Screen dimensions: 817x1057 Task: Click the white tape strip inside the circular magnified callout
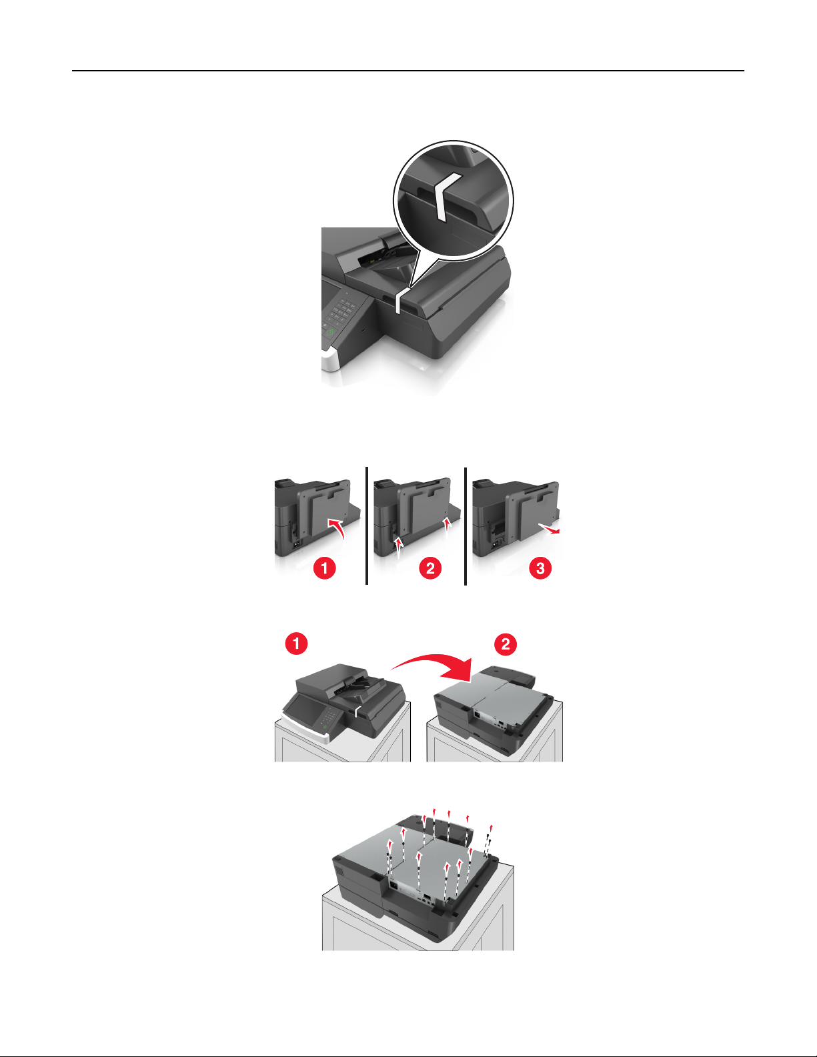click(443, 195)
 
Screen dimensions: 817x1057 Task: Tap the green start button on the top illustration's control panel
click(329, 332)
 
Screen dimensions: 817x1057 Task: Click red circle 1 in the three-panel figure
click(325, 568)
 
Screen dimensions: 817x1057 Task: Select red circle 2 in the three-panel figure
click(430, 568)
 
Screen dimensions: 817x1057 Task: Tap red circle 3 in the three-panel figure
click(540, 568)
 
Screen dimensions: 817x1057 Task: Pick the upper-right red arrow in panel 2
click(448, 525)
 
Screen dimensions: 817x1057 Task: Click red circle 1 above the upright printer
click(296, 644)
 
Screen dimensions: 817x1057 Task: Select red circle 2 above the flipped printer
click(506, 644)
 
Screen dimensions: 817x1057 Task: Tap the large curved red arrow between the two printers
click(433, 662)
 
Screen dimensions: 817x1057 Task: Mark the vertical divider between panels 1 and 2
click(367, 525)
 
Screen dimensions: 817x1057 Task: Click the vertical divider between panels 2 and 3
click(466, 525)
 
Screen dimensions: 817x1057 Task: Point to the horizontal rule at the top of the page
click(408, 71)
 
